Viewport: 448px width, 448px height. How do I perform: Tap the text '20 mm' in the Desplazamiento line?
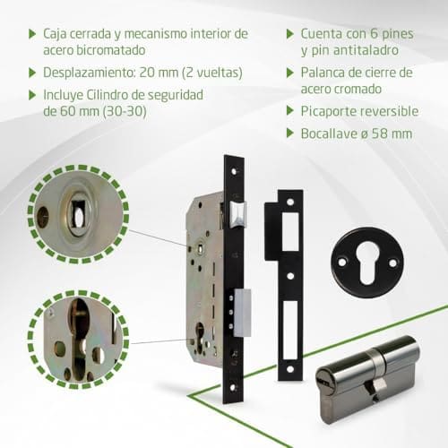159,73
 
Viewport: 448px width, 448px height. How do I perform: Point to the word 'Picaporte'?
328,111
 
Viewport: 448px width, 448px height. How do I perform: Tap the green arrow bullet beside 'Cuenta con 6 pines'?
290,34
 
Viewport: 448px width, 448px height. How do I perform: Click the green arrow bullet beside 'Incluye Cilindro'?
32,95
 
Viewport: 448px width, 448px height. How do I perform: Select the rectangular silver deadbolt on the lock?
242,313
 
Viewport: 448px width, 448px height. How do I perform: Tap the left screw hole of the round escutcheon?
342,263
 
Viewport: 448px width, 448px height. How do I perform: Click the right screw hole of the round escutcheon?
393,263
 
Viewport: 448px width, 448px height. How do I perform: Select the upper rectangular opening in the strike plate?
290,231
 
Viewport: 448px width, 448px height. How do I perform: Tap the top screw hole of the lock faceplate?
234,172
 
